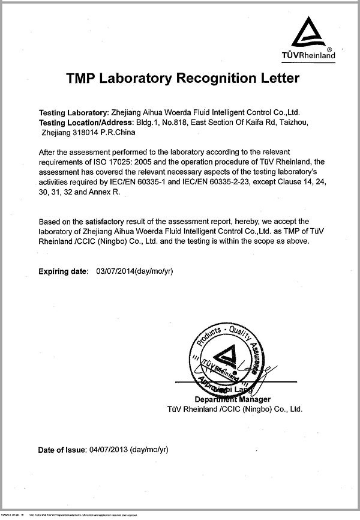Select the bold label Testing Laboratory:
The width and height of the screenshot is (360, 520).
tap(71, 112)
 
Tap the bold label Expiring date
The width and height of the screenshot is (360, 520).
tap(63, 271)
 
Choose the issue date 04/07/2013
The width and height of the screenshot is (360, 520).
tap(108, 449)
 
